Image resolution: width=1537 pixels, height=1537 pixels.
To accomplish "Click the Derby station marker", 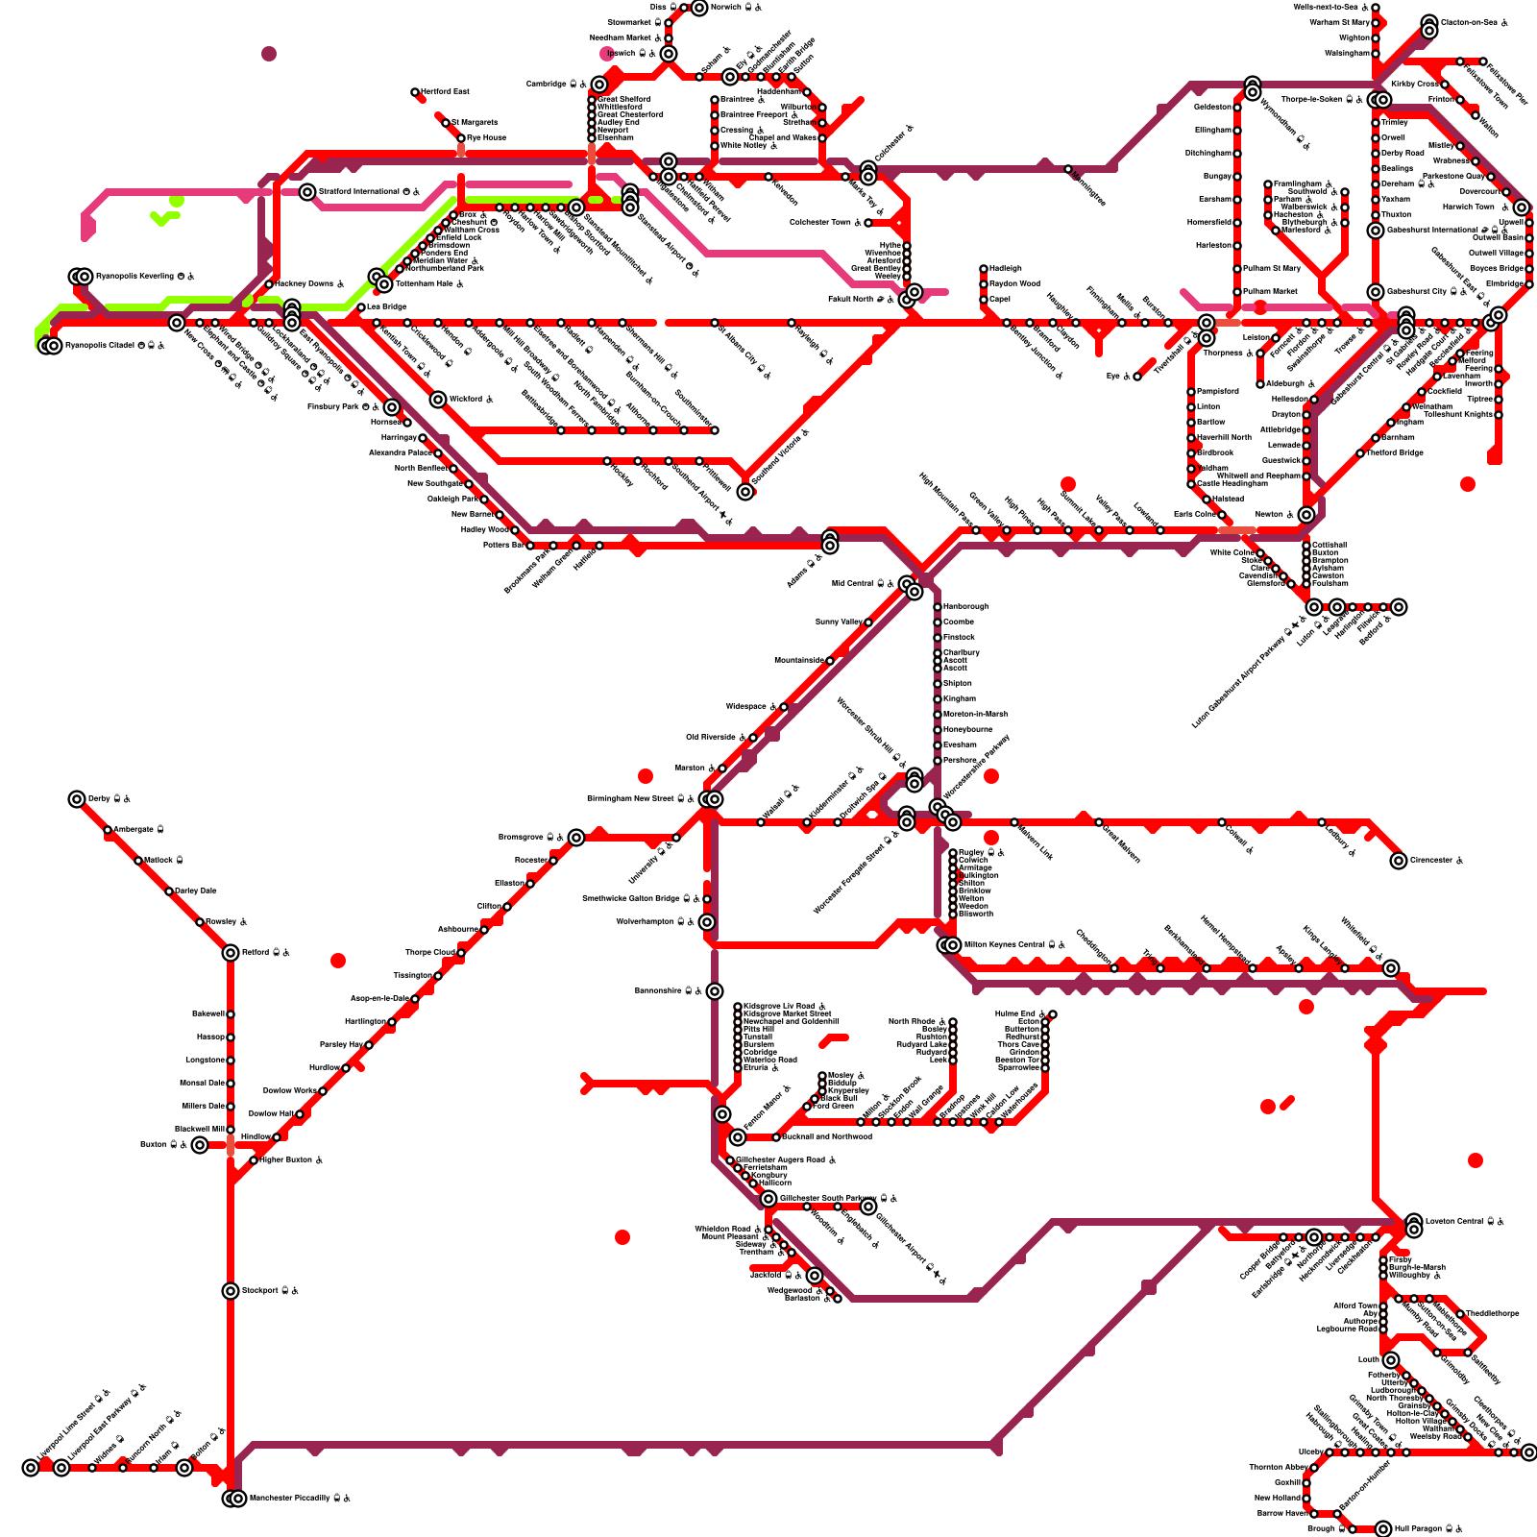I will tap(77, 799).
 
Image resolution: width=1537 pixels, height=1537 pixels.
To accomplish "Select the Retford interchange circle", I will tap(231, 953).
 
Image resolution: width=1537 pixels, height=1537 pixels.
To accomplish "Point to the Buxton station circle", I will tap(199, 1145).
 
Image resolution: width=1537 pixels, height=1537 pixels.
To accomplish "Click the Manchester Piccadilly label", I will tap(289, 1498).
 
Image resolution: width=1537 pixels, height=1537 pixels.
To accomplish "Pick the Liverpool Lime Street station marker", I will tap(31, 1468).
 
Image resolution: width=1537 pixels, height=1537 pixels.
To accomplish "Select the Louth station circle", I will tap(1391, 1360).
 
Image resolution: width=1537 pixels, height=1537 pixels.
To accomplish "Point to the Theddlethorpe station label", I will tap(1493, 1313).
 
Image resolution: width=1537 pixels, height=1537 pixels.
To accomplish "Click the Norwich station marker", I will tap(699, 8).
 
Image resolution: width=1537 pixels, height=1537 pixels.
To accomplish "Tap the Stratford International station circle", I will tap(307, 192).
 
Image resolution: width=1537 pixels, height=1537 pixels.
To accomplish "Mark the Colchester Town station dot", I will tap(868, 223).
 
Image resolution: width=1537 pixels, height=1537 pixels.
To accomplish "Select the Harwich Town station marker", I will tap(1522, 207).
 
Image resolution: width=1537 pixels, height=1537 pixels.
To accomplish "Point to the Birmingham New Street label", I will tap(631, 798).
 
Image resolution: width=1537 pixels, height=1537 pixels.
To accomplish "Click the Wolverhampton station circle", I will tap(707, 922).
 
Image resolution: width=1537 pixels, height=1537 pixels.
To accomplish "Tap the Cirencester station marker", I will tap(1399, 861).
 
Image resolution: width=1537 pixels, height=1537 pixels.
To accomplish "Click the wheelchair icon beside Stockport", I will tap(295, 1290).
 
